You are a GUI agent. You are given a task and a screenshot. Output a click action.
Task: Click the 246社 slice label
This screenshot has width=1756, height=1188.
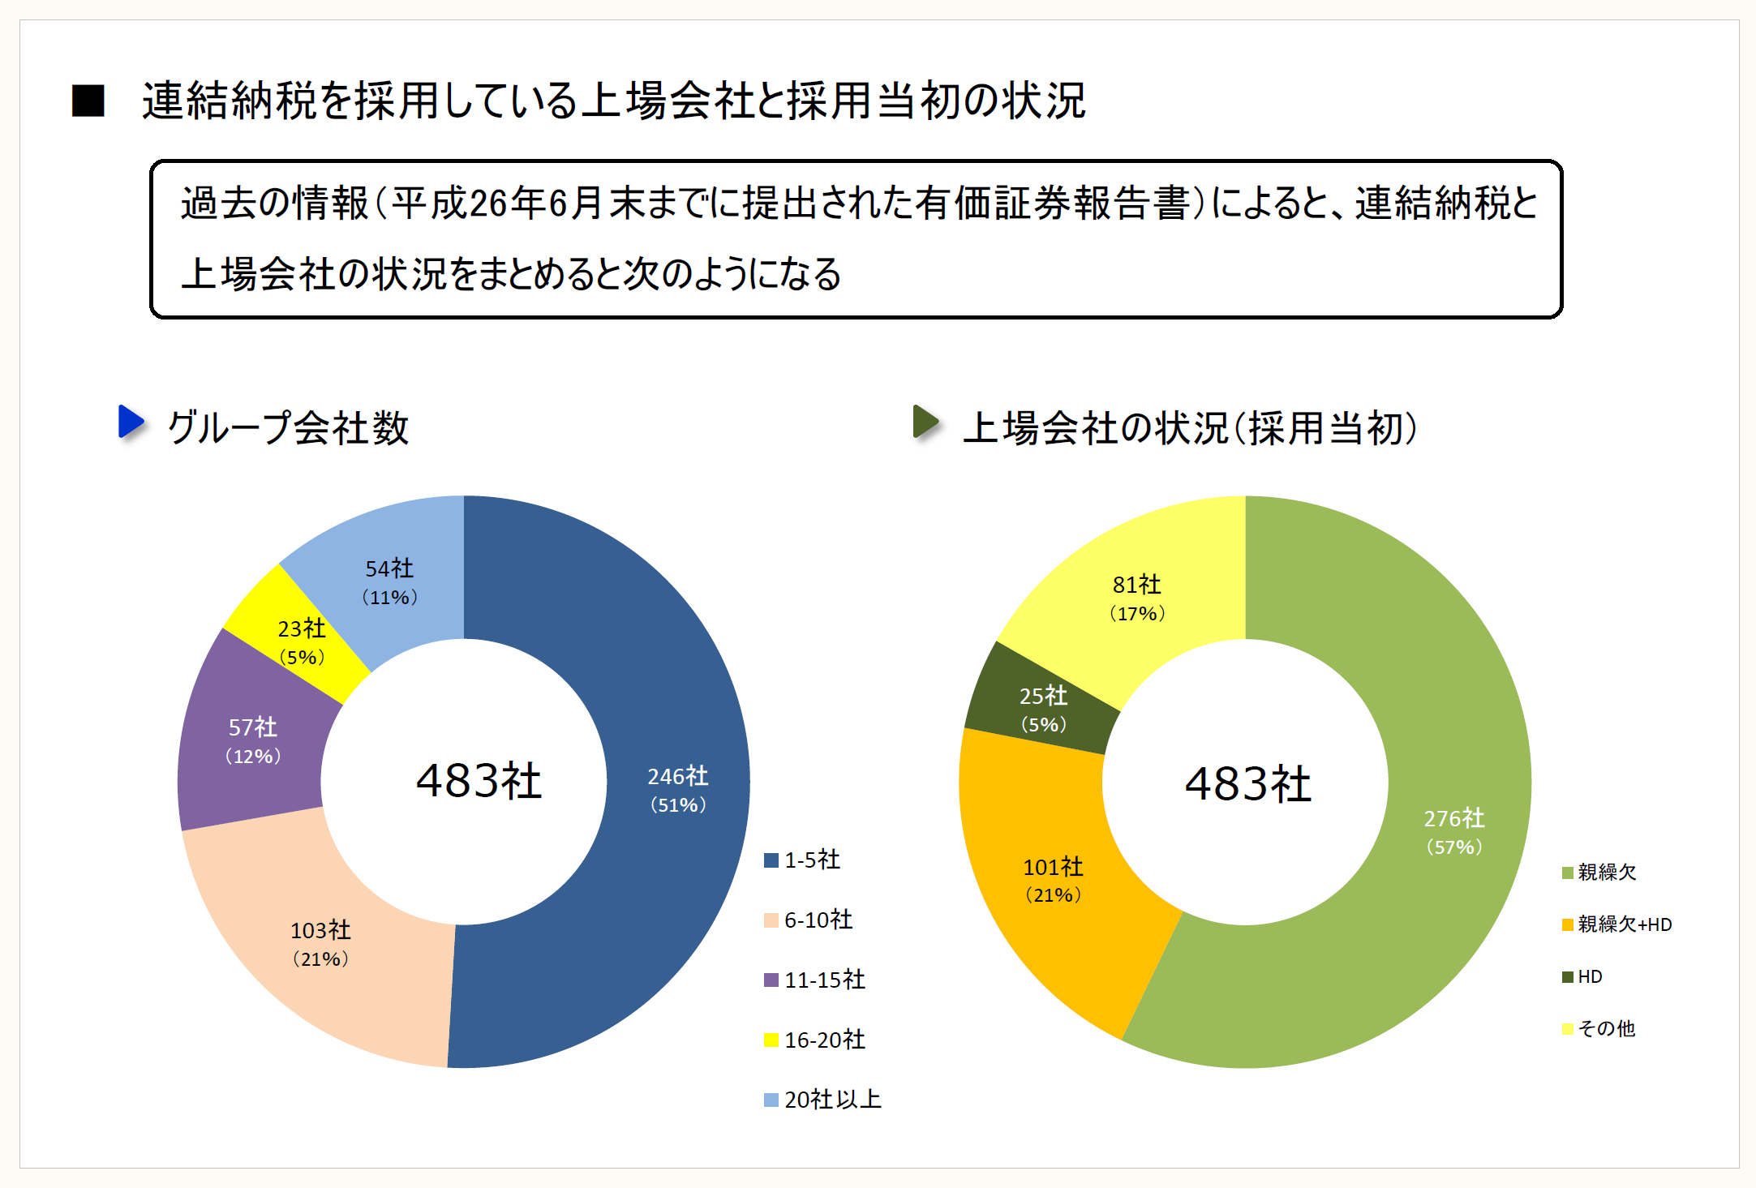pyautogui.click(x=678, y=789)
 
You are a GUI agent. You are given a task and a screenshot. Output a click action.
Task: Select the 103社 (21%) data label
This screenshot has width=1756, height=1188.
pyautogui.click(x=320, y=943)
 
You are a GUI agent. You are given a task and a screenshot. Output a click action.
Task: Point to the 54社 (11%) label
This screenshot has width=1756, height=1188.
pyautogui.click(x=389, y=581)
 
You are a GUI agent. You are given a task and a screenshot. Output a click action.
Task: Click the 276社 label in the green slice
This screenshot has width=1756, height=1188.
pyautogui.click(x=1454, y=831)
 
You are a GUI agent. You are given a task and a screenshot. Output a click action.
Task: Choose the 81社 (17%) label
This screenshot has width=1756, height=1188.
pyautogui.click(x=1137, y=598)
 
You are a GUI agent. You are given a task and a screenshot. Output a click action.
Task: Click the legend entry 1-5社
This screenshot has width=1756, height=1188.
pyautogui.click(x=803, y=860)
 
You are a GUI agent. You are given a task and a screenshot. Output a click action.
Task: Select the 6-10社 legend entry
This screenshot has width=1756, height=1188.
pyautogui.click(x=809, y=920)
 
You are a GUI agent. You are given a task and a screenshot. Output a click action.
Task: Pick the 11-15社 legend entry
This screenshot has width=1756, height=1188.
pyautogui.click(x=815, y=980)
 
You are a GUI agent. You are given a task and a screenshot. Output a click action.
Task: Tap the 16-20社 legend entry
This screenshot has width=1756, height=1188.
pyautogui.click(x=815, y=1040)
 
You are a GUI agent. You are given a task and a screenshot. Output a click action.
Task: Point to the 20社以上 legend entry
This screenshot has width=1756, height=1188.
pyautogui.click(x=823, y=1100)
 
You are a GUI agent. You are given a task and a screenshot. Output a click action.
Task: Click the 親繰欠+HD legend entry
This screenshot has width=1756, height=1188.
pyautogui.click(x=1617, y=924)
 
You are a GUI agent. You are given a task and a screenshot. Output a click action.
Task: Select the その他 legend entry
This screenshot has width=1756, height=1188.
pyautogui.click(x=1599, y=1028)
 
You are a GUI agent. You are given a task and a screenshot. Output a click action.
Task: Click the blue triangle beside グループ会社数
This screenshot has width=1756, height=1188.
pyautogui.click(x=131, y=422)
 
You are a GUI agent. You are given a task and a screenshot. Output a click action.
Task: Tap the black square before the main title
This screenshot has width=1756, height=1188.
pyautogui.click(x=88, y=101)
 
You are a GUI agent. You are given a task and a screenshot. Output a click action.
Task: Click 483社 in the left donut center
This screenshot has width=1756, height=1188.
pyautogui.click(x=479, y=781)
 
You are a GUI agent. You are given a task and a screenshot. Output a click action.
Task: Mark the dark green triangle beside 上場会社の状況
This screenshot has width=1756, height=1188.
pyautogui.click(x=925, y=422)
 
